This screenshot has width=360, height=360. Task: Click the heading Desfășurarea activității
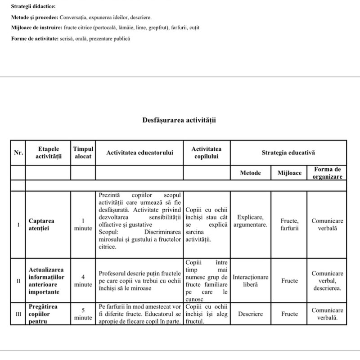point(180,120)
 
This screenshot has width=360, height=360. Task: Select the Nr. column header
point(18,153)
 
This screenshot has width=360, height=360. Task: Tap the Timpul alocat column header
point(83,153)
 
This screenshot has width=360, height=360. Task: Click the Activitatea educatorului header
point(139,153)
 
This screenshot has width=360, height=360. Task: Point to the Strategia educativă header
point(288,153)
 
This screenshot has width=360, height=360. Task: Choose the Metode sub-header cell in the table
point(250,173)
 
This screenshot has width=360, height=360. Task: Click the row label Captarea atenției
point(41,225)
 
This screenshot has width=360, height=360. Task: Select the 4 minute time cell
point(83,281)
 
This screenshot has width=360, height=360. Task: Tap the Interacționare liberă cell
point(250,281)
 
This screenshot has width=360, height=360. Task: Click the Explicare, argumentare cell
point(250,220)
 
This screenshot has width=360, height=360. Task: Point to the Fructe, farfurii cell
point(289,225)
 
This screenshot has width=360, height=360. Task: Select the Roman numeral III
point(18,314)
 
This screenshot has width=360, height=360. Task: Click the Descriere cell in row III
point(250,314)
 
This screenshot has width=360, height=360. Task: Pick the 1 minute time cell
point(83,225)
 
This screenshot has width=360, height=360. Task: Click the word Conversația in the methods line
point(75,18)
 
